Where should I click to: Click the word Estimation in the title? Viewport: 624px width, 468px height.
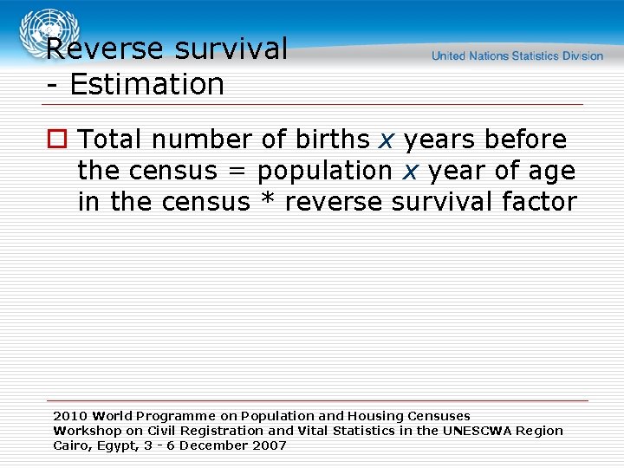coord(146,85)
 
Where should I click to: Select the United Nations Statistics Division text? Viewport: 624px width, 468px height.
coord(517,55)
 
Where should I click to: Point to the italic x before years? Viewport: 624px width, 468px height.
coord(387,140)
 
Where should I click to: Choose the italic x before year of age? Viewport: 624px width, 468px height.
coord(410,172)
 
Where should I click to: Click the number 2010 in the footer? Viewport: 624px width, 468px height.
coord(70,416)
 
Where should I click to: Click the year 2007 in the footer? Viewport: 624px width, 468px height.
coord(269,445)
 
